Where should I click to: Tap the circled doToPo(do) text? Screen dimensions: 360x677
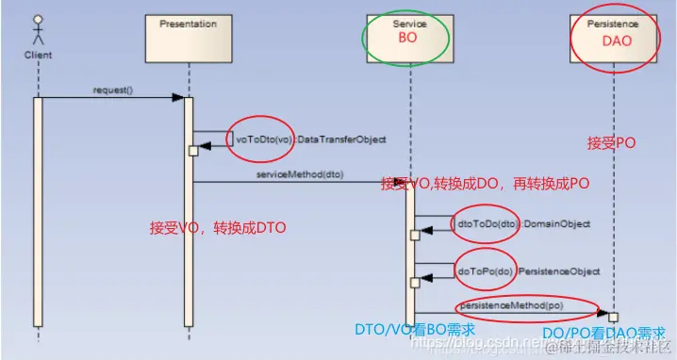[x=485, y=271]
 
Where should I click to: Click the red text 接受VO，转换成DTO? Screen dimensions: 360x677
[x=218, y=228]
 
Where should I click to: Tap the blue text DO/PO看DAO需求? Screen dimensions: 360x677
[x=604, y=334]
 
